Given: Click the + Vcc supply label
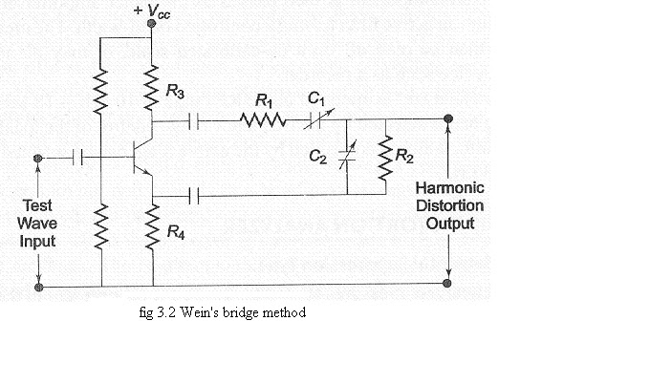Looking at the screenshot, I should (x=151, y=11).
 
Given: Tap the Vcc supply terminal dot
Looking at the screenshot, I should (x=151, y=27).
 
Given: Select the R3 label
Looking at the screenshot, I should (x=175, y=92).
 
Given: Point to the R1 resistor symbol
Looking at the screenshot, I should (x=263, y=120).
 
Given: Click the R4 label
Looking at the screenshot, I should (x=175, y=231).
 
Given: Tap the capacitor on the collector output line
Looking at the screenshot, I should (x=194, y=120).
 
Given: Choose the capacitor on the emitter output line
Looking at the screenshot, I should (x=194, y=196).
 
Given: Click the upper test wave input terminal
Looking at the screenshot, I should (x=37, y=158).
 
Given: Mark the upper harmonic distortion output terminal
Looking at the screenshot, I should (x=448, y=120).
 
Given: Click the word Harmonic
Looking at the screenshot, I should (x=449, y=189).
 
